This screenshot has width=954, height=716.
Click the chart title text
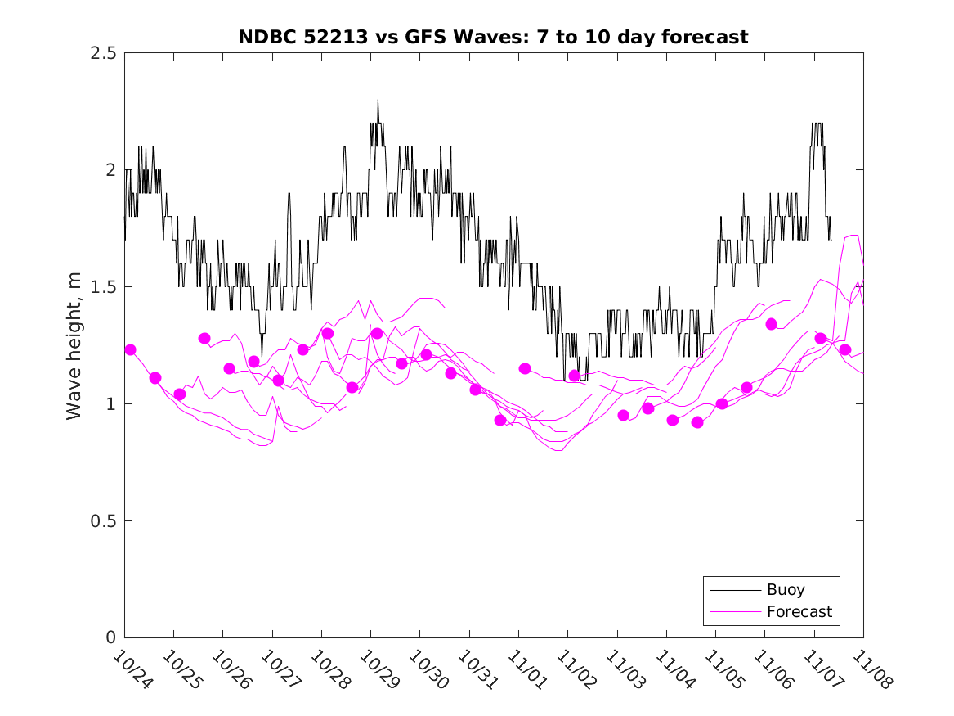click(x=493, y=37)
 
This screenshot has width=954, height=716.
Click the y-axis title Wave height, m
click(x=74, y=345)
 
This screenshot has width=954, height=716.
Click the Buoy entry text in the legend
click(x=785, y=590)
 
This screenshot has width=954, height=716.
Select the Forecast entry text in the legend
click(x=799, y=611)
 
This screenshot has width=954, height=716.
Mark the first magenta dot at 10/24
click(x=130, y=350)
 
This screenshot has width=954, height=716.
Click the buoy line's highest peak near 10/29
click(x=378, y=101)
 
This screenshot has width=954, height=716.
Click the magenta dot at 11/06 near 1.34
click(x=771, y=324)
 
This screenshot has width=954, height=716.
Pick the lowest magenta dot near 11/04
click(x=697, y=422)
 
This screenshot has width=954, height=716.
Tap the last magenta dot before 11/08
click(x=845, y=350)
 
